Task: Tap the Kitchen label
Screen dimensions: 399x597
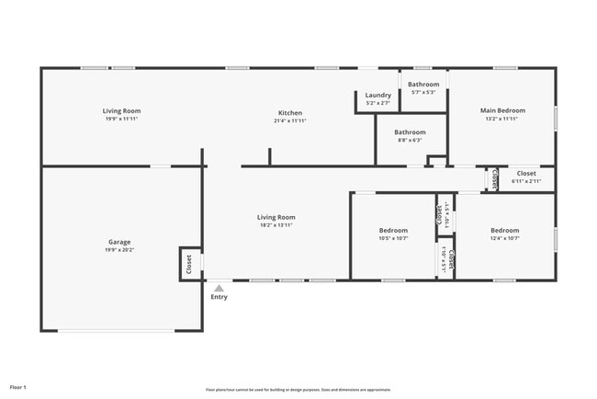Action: (290, 111)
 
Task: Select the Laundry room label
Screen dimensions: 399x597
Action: (377, 95)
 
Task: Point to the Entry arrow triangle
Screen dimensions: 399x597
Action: (219, 288)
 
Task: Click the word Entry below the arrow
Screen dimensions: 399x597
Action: (219, 297)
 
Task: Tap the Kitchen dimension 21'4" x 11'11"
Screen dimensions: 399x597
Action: (290, 120)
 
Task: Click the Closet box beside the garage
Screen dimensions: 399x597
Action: (189, 265)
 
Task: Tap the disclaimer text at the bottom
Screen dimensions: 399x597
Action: (298, 389)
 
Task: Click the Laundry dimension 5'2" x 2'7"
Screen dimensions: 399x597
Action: (377, 103)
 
